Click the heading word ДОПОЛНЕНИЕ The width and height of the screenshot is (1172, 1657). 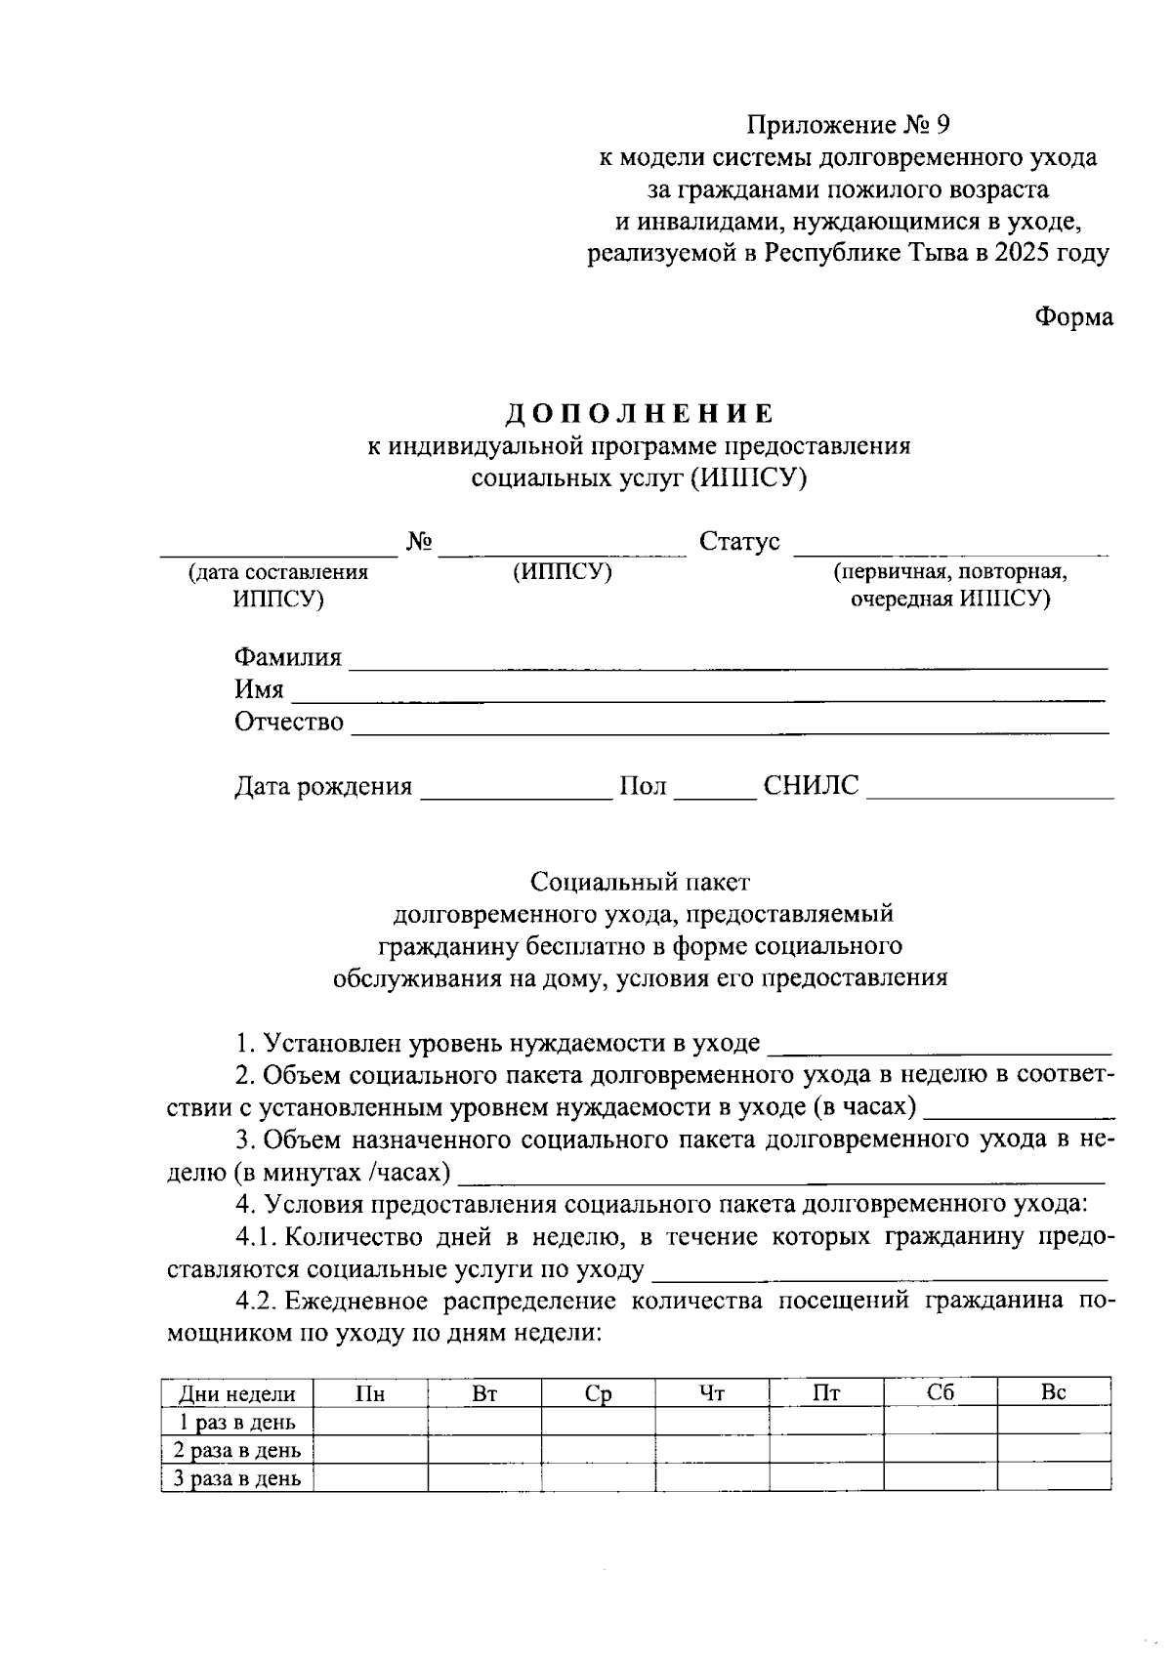(640, 414)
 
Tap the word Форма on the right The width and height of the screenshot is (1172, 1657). (1072, 317)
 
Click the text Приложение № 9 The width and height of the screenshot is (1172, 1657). (848, 125)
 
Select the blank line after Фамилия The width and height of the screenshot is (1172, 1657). (728, 660)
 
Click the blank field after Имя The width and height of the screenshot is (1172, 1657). (698, 692)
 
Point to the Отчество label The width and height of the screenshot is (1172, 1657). (289, 723)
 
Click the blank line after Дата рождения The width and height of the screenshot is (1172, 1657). (515, 790)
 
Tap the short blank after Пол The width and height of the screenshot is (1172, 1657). (715, 790)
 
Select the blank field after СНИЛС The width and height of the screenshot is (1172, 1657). (990, 790)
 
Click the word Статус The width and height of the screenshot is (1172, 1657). (739, 542)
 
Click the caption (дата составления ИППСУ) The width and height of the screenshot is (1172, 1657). (278, 586)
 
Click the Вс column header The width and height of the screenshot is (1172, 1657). (1053, 1392)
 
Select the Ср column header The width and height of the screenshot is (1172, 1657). (598, 1393)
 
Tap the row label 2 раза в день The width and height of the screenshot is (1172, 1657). (237, 1450)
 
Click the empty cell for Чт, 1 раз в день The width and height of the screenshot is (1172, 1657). (711, 1422)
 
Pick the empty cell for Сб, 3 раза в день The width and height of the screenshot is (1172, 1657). (940, 1477)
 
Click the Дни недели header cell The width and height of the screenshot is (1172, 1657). (237, 1393)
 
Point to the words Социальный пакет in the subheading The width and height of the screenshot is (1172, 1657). (640, 883)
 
